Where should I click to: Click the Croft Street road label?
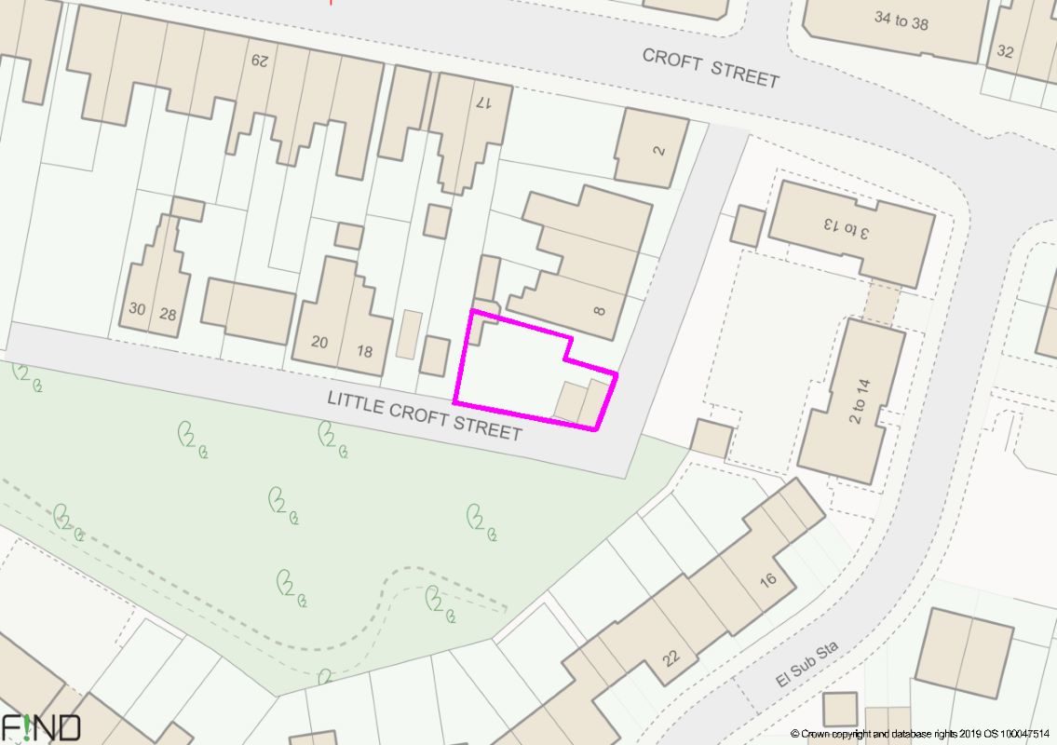coord(710,67)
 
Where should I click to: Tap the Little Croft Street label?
coord(424,415)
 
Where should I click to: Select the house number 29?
coord(259,61)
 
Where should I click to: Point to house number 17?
coord(481,102)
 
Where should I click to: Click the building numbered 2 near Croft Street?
coord(659,149)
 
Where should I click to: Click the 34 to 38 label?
coord(901,20)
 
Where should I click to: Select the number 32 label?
coord(1005,51)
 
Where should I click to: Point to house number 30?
coord(137,309)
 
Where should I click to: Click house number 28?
coord(168,314)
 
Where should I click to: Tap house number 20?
coord(319,342)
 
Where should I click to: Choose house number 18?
coord(364,351)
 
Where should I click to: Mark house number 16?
coord(767,580)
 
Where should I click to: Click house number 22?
coord(671,657)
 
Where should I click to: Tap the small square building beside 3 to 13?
coord(747,225)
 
